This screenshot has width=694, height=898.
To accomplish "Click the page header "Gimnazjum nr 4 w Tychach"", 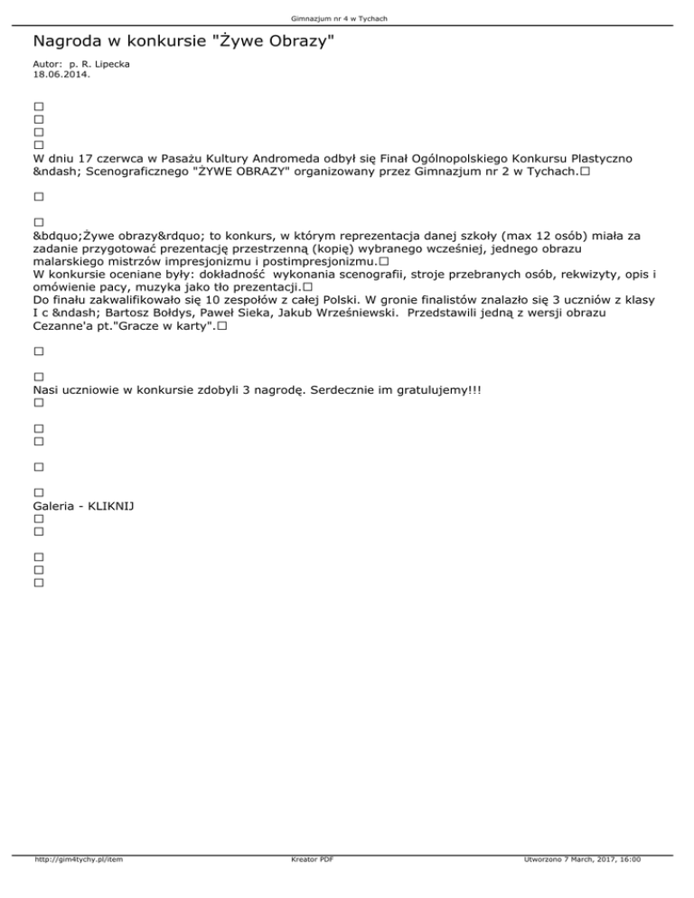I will [346, 17].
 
